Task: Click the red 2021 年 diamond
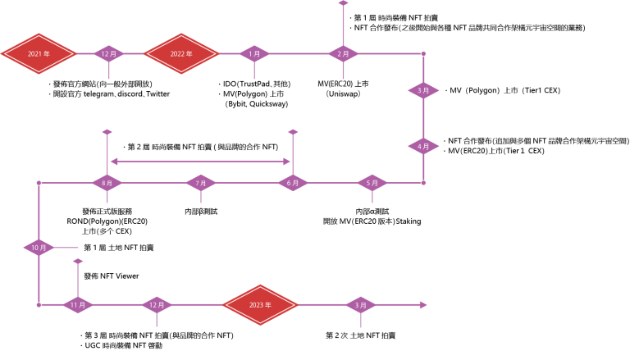(39, 54)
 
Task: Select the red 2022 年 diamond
(181, 54)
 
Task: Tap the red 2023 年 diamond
(260, 305)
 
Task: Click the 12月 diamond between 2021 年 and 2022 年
(108, 54)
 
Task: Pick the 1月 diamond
(254, 54)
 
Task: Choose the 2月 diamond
(343, 54)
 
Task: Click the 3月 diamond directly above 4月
(423, 90)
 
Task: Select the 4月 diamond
(423, 147)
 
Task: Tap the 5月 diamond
(372, 183)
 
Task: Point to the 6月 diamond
(293, 183)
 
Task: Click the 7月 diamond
(201, 183)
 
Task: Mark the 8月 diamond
(107, 183)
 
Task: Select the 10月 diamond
(39, 248)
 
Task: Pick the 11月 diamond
(78, 305)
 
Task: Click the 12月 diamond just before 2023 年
(157, 305)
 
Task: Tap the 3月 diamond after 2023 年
(361, 305)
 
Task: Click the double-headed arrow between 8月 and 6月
(200, 162)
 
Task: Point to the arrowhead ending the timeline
(423, 305)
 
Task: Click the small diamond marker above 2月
(343, 3)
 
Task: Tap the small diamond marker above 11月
(78, 262)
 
